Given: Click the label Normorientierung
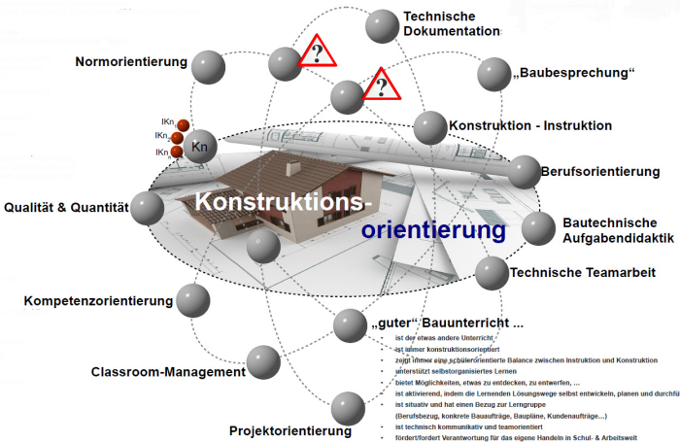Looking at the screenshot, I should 131,62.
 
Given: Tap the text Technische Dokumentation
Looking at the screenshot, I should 451,24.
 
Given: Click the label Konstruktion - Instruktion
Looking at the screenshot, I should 529,126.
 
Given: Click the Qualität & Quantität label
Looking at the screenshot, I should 67,207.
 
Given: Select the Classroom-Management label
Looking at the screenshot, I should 168,372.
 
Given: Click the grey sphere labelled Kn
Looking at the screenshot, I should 201,147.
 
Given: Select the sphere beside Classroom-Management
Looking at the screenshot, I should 263,362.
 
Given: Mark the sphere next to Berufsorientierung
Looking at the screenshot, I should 525,172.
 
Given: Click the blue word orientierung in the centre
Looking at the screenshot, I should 433,230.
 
